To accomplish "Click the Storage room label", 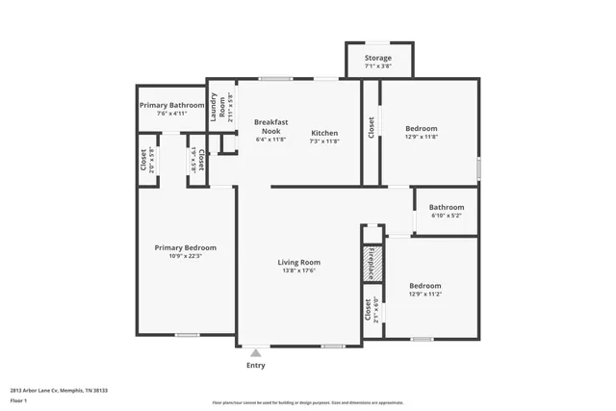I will point(378,58).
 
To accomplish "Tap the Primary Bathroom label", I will point(171,105).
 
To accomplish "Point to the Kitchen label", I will point(324,132).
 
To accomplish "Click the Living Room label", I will point(299,262).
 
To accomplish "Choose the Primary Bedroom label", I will point(185,247).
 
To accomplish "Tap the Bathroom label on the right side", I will point(447,207).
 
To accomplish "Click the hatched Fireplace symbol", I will point(372,263).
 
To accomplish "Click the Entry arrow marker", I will point(256,353).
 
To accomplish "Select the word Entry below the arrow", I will point(256,366).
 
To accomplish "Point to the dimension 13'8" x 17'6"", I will point(299,270).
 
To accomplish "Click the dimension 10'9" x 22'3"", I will point(185,256).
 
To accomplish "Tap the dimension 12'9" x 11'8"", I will point(421,137).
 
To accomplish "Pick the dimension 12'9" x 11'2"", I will point(424,295).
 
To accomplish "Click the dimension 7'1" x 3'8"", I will point(378,66).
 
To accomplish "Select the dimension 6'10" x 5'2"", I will point(447,216).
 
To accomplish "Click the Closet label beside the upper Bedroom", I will point(372,128).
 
